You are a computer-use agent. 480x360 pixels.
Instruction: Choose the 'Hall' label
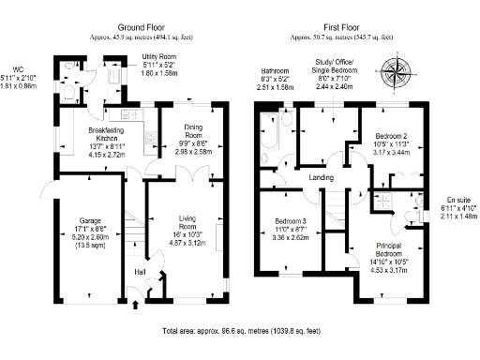coord(141,272)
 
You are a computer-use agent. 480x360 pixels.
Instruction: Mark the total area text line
coord(239,332)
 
